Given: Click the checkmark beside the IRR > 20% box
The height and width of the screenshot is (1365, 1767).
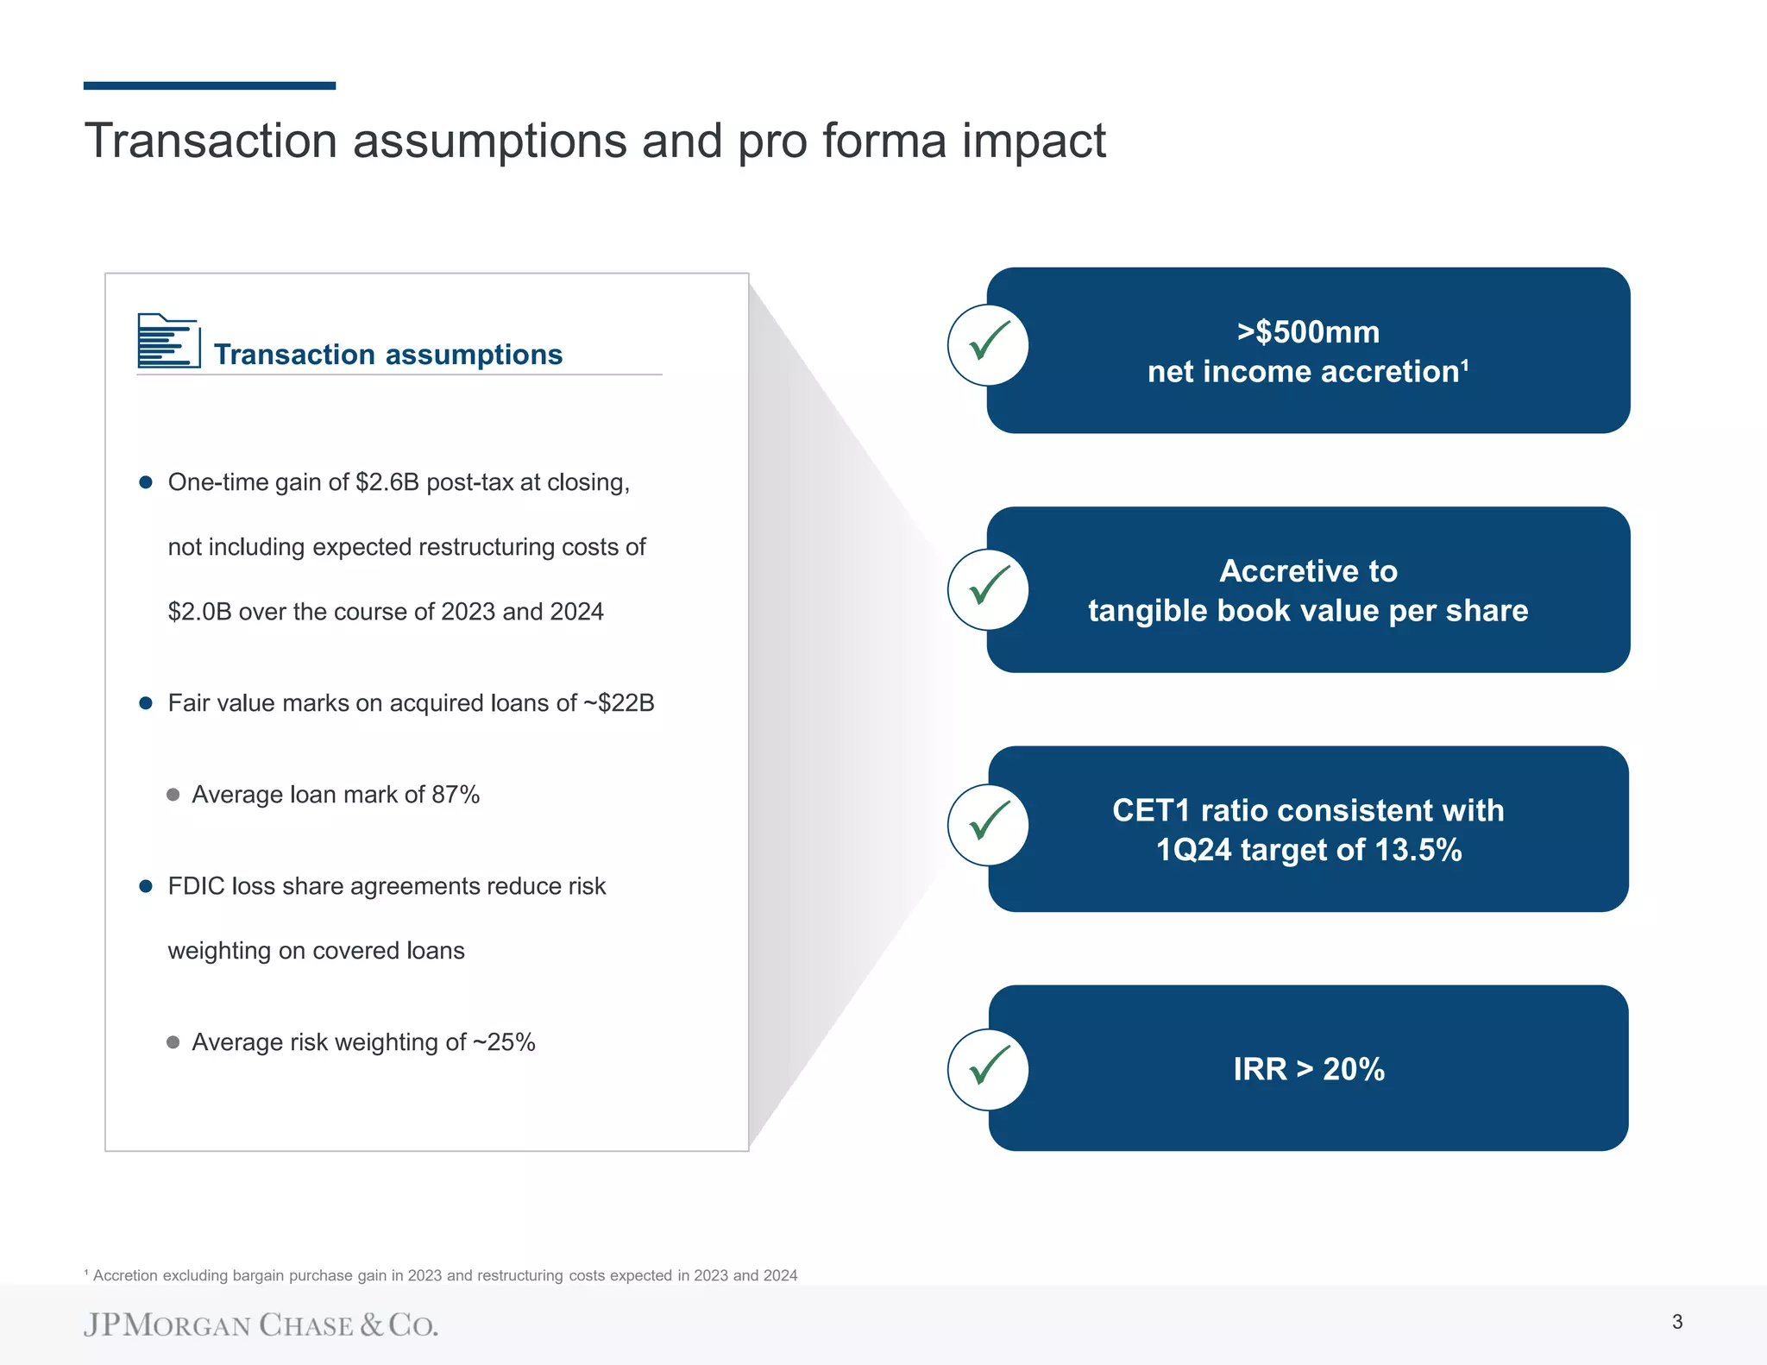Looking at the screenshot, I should (988, 1068).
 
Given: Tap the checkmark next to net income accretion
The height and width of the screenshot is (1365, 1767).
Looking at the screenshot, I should (988, 344).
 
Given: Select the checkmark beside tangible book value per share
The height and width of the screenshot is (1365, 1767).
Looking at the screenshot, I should (988, 588).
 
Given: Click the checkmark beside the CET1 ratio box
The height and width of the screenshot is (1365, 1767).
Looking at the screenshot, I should (988, 824).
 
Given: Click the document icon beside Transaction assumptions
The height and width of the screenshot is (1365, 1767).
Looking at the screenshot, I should (169, 341).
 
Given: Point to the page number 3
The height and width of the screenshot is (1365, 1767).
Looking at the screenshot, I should (1676, 1321).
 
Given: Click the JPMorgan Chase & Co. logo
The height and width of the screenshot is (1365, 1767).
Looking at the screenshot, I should (261, 1324).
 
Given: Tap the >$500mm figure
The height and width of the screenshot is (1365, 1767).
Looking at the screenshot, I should (1308, 332).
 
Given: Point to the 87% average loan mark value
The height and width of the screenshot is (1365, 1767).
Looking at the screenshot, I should (456, 795).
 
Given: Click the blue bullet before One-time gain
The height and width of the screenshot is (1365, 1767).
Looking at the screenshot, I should (146, 482).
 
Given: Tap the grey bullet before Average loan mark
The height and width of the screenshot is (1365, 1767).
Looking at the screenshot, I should (173, 795).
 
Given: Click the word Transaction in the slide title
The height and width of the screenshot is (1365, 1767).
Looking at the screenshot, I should (211, 141).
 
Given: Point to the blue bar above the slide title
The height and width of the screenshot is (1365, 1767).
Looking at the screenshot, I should (210, 85).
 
